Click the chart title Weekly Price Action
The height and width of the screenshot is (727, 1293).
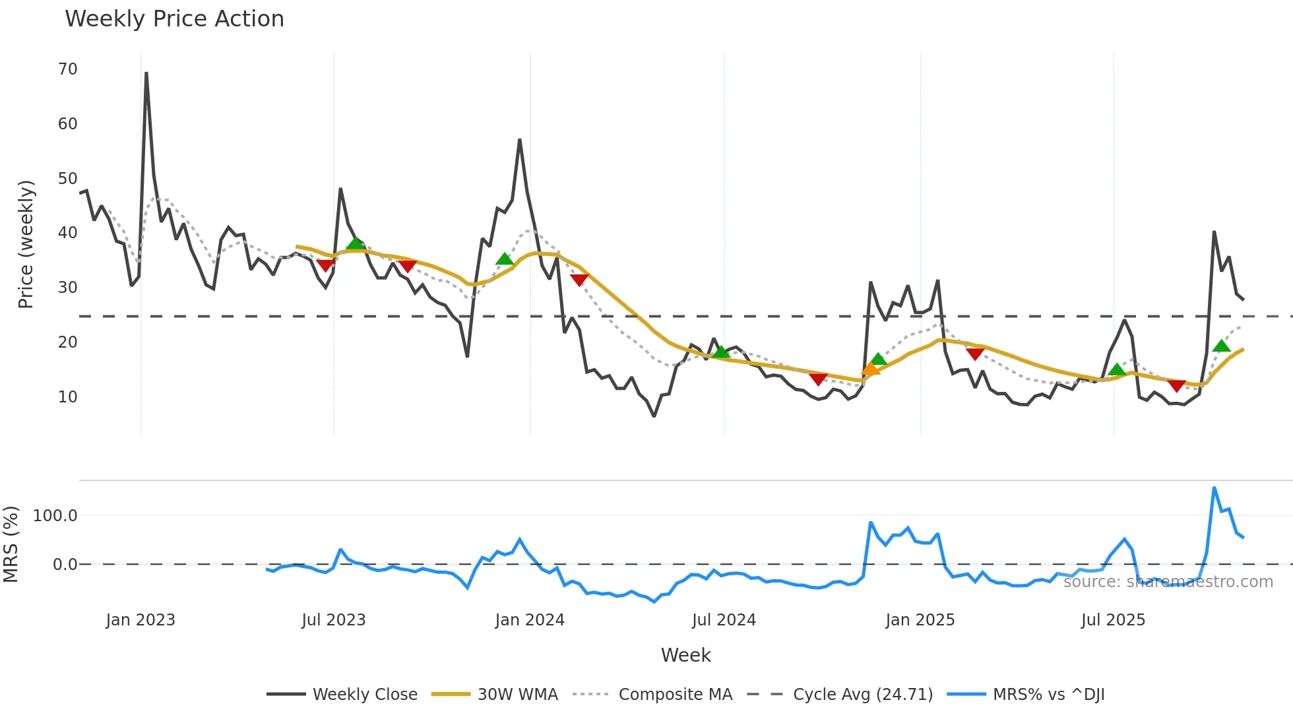(174, 19)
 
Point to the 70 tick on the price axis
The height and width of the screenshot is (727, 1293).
(68, 69)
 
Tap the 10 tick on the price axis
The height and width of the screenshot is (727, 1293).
(68, 397)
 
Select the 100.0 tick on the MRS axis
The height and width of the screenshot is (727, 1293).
(55, 516)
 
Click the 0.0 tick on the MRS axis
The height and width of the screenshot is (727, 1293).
(65, 565)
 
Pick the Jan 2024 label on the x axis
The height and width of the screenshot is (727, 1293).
(530, 620)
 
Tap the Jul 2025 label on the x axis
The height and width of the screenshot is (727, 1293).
(1113, 620)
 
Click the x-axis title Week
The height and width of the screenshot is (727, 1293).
(685, 655)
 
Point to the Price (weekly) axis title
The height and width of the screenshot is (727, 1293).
(26, 244)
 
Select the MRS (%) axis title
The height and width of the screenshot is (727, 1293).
(11, 544)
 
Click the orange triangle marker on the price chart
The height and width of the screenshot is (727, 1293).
(871, 369)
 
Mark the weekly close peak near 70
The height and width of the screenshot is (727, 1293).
(146, 73)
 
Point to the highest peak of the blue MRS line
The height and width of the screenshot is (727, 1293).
(1214, 488)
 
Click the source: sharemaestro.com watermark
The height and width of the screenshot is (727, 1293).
(1168, 582)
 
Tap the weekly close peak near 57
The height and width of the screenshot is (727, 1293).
(520, 140)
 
